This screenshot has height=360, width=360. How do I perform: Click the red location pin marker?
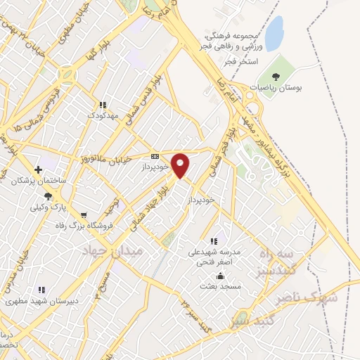[181, 165]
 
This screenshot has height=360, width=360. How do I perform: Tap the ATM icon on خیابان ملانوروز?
[155, 157]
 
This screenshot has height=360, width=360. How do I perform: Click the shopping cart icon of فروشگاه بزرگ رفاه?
[84, 215]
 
